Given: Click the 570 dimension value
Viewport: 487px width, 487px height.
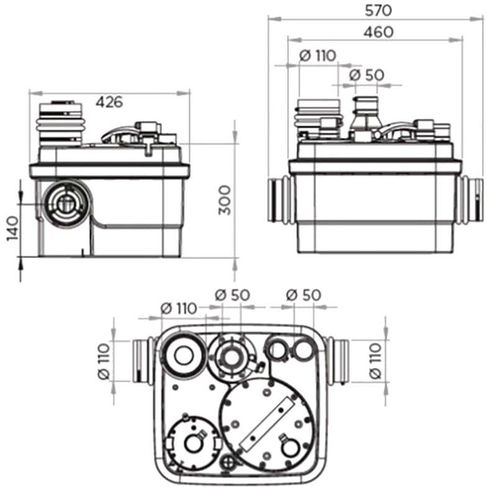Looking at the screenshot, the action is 378,11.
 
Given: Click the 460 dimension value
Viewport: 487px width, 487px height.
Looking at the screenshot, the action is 378,32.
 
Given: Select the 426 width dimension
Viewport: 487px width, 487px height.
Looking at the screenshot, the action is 109,102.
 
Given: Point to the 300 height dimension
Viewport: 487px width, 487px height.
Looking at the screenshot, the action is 225,200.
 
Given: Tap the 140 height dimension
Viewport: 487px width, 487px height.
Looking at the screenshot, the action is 13,228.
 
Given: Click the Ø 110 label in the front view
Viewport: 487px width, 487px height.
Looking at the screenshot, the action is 318,56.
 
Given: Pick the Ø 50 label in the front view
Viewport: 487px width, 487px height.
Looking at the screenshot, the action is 367,75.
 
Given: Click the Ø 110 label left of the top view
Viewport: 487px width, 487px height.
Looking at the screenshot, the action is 104,361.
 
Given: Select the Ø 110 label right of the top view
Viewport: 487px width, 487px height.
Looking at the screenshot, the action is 375,361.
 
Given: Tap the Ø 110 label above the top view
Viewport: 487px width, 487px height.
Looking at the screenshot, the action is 179,308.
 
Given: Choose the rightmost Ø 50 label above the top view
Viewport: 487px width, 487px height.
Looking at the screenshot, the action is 303,295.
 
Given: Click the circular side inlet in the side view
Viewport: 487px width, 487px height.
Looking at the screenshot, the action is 66,203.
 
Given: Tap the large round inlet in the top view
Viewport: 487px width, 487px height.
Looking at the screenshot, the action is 184,355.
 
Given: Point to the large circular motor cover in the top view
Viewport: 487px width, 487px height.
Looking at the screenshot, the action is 267,424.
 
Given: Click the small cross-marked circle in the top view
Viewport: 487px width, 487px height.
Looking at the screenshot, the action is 229,462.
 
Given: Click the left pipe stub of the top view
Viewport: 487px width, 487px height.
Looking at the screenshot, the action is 143,361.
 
